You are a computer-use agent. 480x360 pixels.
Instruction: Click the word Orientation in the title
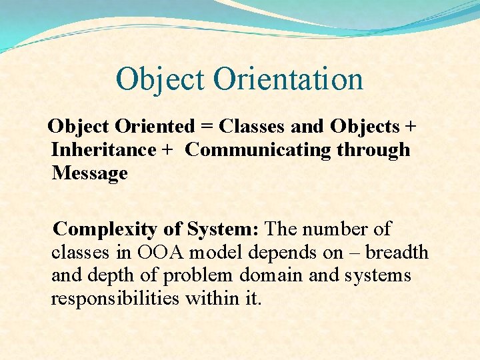(288, 79)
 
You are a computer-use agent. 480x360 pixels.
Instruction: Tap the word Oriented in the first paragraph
(155, 126)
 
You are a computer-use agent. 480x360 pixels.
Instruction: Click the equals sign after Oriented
(207, 126)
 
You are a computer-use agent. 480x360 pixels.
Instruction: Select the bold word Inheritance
(103, 149)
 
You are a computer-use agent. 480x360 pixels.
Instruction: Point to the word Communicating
(257, 149)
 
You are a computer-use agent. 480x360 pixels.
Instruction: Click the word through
(373, 150)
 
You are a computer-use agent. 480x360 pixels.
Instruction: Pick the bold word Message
(89, 173)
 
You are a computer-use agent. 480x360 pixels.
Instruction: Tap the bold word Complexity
(106, 229)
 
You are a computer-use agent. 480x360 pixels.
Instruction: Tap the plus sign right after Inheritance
(167, 150)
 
